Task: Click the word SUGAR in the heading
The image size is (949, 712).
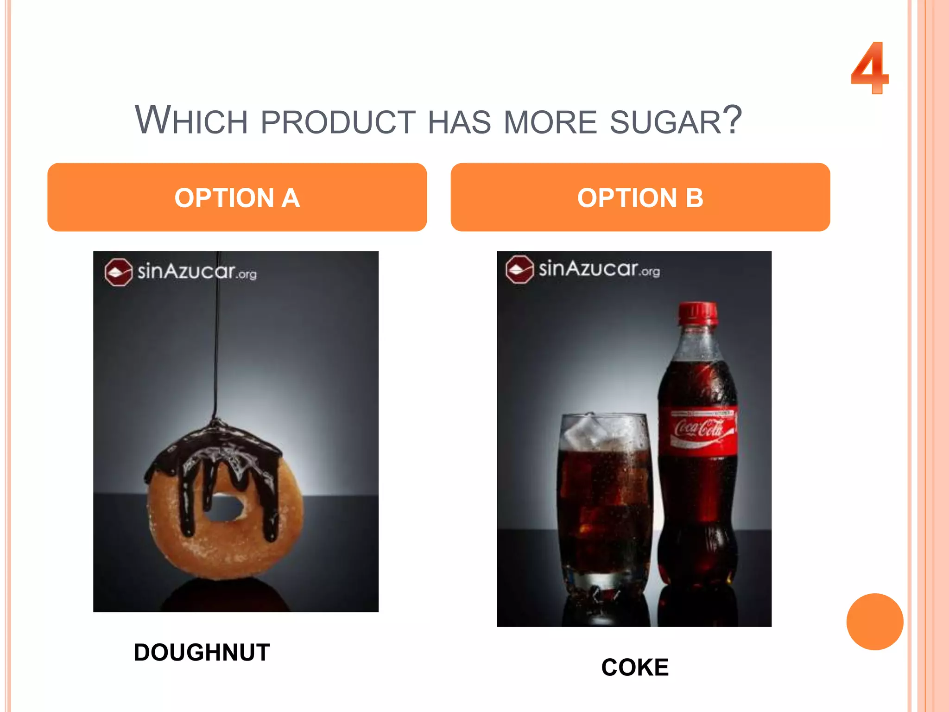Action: (x=665, y=122)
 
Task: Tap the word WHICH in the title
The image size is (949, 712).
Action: (x=191, y=121)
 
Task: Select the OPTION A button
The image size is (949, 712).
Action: (x=237, y=197)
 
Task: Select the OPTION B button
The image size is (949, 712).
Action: (x=640, y=197)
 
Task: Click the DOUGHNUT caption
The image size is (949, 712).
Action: (x=202, y=652)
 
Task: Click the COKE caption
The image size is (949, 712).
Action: (x=634, y=667)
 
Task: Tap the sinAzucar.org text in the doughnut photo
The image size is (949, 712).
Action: (x=196, y=271)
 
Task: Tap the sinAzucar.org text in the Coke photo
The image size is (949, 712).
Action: (x=599, y=269)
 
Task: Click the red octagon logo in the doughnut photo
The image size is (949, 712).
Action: (x=118, y=272)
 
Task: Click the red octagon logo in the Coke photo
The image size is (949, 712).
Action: (x=519, y=269)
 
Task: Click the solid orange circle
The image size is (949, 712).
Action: (x=874, y=621)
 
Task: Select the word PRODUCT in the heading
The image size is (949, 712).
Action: (x=338, y=122)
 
